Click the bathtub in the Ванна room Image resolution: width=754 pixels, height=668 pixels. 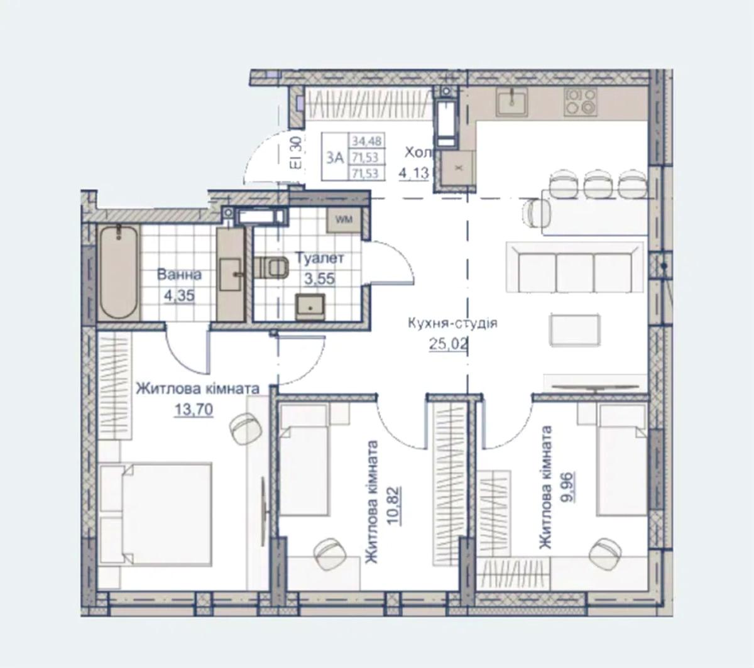click(119, 272)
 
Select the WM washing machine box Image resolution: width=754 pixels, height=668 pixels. click(344, 219)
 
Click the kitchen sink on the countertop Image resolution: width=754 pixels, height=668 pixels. click(511, 102)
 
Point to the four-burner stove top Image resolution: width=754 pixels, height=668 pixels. click(581, 102)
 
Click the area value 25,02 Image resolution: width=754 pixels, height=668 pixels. click(448, 344)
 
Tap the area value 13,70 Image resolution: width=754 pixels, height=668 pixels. click(194, 409)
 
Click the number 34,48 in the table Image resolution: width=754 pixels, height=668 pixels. click(366, 141)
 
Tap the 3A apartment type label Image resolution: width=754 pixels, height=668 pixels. click(334, 158)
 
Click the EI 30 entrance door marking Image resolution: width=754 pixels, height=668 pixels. click(296, 153)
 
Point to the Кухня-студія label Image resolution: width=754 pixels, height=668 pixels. click(452, 323)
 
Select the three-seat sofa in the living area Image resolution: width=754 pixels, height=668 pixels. click(576, 268)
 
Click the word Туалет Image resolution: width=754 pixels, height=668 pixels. click(320, 258)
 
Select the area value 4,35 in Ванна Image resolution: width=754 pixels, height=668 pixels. click(179, 295)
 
